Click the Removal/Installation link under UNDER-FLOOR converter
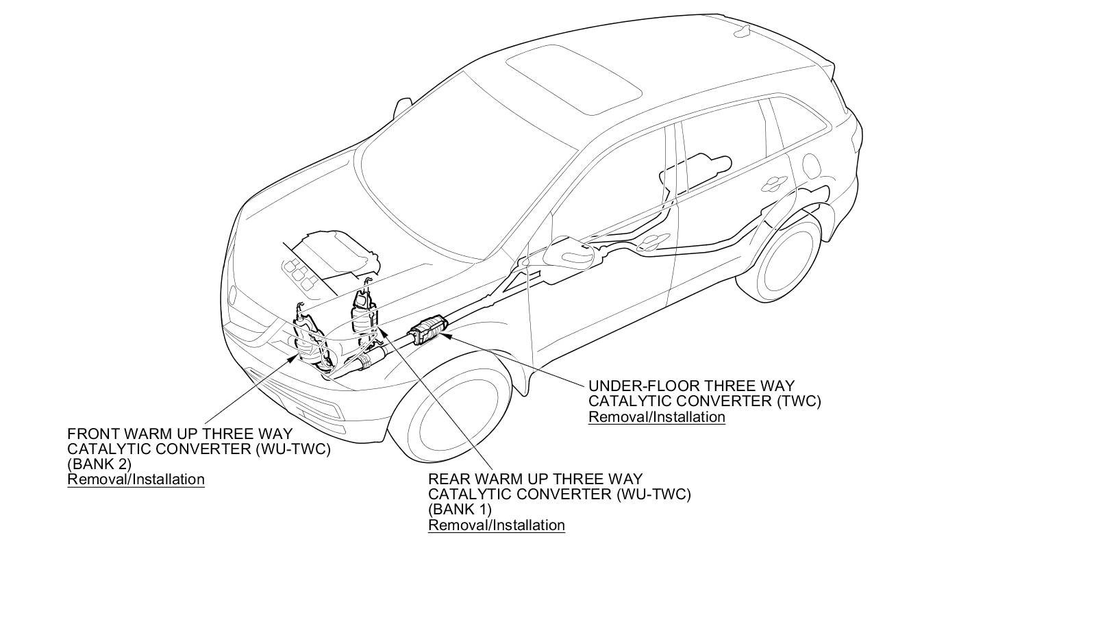coord(656,417)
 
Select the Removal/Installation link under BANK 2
coord(136,479)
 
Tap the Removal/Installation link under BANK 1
coord(497,525)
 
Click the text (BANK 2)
coord(99,464)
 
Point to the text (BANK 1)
coord(460,510)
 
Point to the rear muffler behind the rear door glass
coord(699,164)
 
